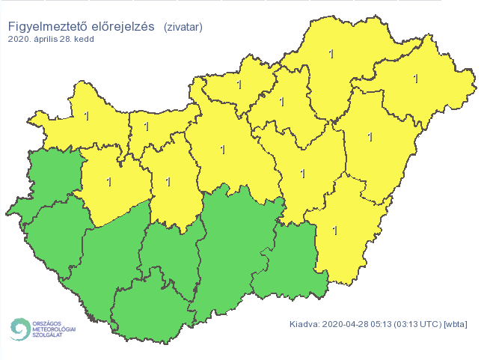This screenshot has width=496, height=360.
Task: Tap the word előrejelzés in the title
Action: point(122,27)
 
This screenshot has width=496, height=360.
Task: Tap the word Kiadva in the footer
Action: point(304,324)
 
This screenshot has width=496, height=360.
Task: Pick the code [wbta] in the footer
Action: point(457,324)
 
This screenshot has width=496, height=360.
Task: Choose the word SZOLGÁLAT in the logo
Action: point(49,335)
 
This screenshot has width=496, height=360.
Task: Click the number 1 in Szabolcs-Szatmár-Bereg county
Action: point(416,78)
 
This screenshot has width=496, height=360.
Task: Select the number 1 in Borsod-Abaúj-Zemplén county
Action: point(331,53)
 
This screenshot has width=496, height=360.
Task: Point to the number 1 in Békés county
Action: point(334,230)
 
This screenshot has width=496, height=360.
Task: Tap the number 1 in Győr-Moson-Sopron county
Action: point(87,116)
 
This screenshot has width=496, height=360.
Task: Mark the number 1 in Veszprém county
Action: point(109,181)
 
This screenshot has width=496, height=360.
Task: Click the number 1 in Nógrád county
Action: point(239,85)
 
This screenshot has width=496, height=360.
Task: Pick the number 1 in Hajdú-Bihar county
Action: point(370,137)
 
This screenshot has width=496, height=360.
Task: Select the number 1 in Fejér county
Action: point(168,181)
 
